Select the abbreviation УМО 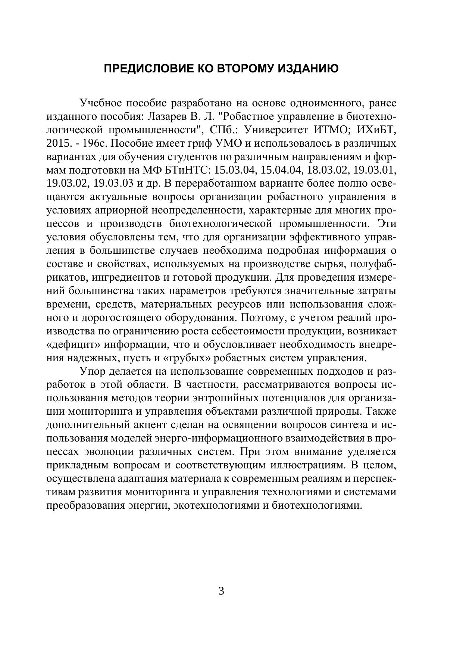[232, 144]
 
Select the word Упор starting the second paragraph [92, 371]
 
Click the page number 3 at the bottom [221, 591]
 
